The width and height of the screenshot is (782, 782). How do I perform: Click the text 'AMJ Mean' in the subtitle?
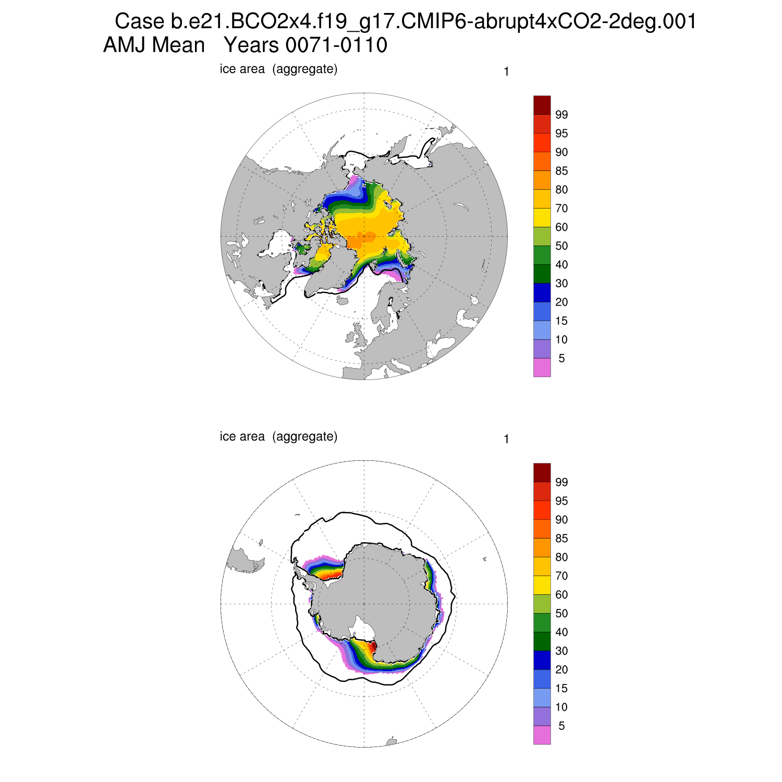[154, 45]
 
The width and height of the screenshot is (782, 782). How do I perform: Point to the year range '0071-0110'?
[336, 45]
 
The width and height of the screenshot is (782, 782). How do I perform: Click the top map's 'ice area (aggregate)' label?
[278, 69]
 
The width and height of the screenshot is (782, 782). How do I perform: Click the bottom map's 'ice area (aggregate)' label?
[278, 436]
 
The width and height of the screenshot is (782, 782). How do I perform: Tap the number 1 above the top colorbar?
[506, 72]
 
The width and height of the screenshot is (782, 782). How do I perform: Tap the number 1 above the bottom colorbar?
[506, 439]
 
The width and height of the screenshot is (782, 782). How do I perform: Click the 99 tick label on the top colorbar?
[561, 115]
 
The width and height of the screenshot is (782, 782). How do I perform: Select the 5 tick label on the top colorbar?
[561, 359]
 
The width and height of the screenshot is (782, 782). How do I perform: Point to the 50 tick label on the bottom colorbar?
[561, 614]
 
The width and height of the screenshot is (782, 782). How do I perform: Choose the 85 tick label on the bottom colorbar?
[561, 539]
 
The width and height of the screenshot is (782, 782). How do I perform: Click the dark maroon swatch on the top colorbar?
[542, 105]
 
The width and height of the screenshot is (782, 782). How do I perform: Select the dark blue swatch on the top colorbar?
[542, 292]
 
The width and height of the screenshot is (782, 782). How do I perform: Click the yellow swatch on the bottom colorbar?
[542, 585]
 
